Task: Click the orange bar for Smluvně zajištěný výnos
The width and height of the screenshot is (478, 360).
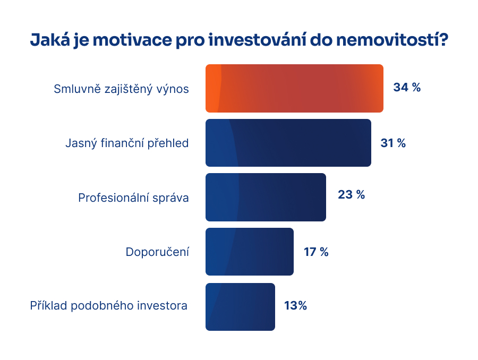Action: click(x=294, y=88)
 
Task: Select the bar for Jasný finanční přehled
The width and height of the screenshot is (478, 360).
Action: click(x=288, y=143)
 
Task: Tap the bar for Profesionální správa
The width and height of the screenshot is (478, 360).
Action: click(x=266, y=197)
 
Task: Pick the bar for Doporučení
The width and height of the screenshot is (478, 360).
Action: click(x=250, y=252)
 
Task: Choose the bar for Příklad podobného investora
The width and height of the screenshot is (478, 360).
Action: click(x=240, y=307)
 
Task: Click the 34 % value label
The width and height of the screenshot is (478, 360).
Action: click(x=407, y=88)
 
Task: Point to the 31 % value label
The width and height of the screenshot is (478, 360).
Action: click(x=393, y=143)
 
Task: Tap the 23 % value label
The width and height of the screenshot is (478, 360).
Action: click(x=352, y=194)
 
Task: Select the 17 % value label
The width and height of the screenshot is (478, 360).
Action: click(x=316, y=252)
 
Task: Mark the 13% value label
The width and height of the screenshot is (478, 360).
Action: click(x=295, y=305)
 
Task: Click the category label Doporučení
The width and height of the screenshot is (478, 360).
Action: click(x=157, y=252)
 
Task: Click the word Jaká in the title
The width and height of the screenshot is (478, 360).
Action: click(x=50, y=40)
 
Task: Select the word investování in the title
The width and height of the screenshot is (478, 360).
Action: click(x=257, y=40)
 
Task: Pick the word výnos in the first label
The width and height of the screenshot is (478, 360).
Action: click(x=173, y=89)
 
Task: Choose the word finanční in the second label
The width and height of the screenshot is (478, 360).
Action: click(x=122, y=143)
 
